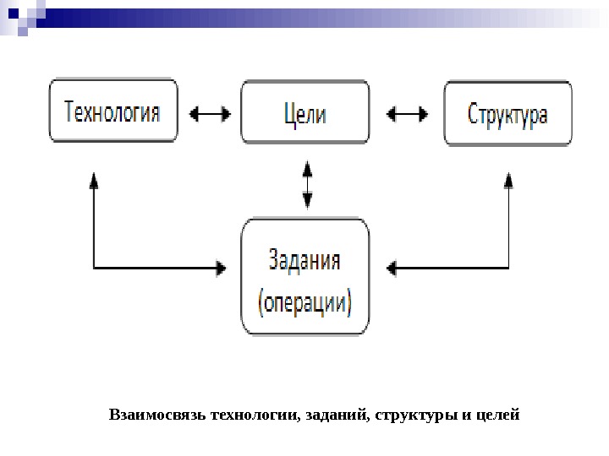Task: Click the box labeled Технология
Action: pos(113,111)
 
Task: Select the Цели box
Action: pos(305,111)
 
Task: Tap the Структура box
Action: pos(507,113)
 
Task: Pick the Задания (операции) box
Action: pos(305,278)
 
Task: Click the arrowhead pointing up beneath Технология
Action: pos(93,181)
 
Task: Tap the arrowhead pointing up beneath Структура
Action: pos(507,181)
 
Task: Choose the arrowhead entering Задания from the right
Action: pos(392,269)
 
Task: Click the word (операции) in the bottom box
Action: pos(305,300)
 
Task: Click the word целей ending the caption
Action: pos(497,415)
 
